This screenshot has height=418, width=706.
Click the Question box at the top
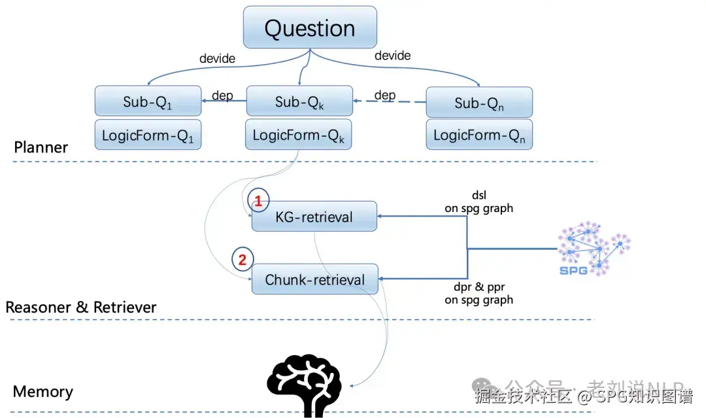click(x=310, y=29)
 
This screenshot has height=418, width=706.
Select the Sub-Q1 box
click(x=147, y=101)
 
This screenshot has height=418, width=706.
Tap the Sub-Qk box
click(x=299, y=101)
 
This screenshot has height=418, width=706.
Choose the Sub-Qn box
click(x=479, y=102)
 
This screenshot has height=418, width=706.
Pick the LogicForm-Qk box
click(x=299, y=135)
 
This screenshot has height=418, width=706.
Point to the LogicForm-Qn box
click(x=479, y=135)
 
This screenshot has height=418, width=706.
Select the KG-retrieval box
click(x=314, y=217)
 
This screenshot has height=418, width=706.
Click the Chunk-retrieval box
click(x=315, y=280)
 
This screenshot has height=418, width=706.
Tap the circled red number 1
click(x=258, y=202)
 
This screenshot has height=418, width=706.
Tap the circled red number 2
click(x=243, y=260)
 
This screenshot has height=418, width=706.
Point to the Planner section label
click(x=41, y=147)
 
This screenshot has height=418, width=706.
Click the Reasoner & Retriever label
click(x=81, y=307)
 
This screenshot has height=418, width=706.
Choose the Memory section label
click(x=42, y=392)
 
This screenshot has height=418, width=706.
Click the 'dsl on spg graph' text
click(x=479, y=202)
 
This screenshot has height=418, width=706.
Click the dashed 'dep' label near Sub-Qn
click(x=385, y=95)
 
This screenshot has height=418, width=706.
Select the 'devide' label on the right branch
click(x=392, y=56)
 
